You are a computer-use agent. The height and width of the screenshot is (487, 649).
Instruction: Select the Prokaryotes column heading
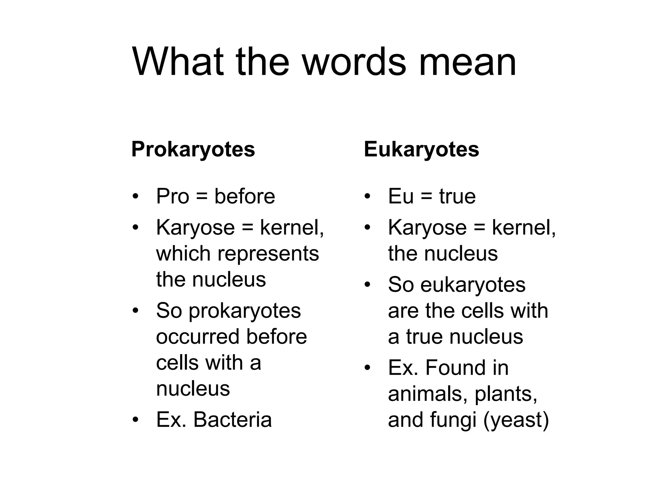coord(193,149)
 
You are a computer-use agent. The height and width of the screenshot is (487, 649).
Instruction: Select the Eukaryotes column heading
coord(421,149)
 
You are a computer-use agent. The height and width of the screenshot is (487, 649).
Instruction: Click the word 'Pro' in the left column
coord(173,196)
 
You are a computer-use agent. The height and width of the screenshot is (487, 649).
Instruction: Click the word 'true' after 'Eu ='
coord(457,196)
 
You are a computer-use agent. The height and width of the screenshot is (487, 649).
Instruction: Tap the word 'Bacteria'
coord(232,419)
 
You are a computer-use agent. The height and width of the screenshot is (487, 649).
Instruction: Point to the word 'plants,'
coord(506,394)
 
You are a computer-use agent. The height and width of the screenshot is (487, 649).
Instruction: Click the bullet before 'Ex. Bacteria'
coord(136,420)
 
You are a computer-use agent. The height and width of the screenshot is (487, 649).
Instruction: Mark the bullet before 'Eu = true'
coord(367,197)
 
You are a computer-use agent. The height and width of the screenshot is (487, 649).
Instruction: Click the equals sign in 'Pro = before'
coord(202,197)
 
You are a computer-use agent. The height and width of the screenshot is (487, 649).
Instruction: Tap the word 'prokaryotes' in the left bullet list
coord(245,311)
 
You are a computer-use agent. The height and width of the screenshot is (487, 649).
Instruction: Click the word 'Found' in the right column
coord(455,368)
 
